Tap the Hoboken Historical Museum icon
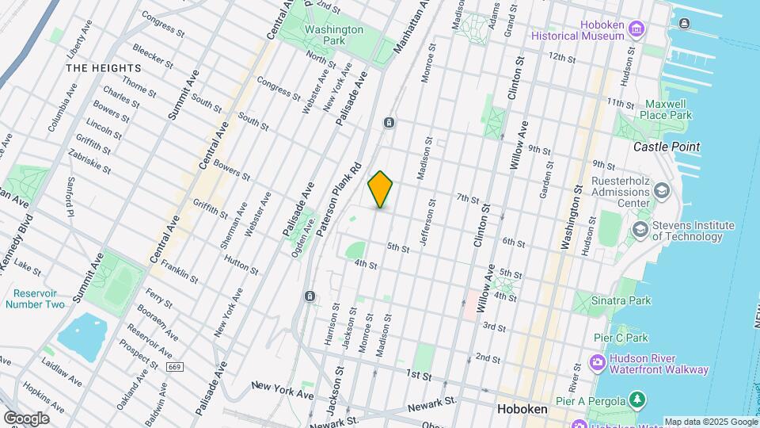636,30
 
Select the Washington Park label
334,35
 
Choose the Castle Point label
667,147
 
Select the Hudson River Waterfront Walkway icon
597,363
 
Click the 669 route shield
175,367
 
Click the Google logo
26,418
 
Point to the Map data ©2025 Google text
709,422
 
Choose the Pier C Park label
621,338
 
